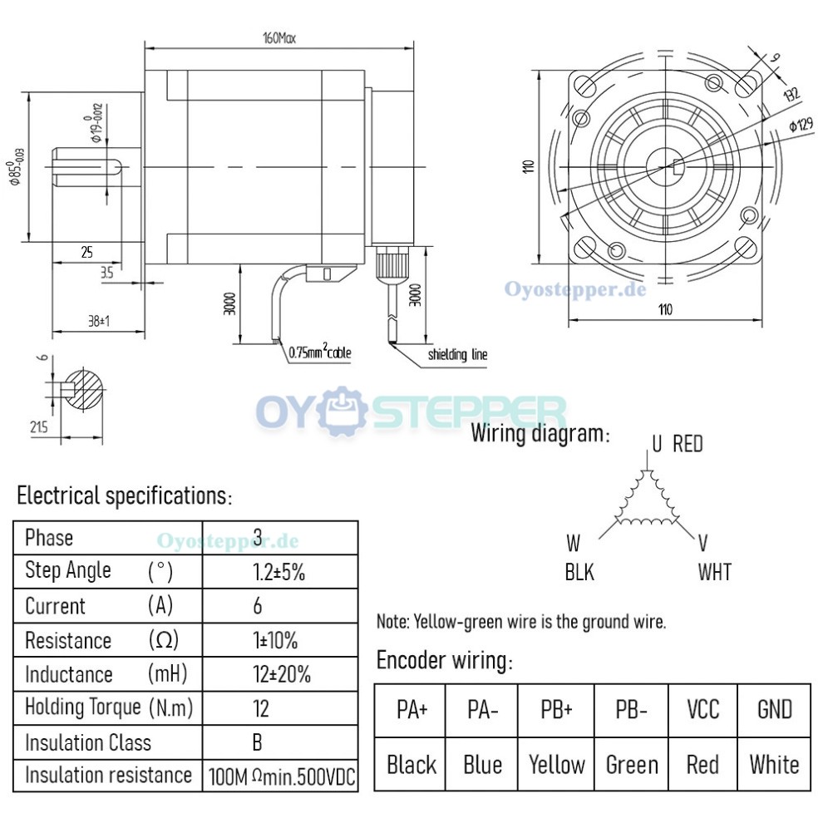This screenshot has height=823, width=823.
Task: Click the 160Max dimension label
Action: (x=279, y=37)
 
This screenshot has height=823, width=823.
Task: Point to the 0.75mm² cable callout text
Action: (x=320, y=352)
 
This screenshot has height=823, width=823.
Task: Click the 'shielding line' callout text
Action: (x=457, y=355)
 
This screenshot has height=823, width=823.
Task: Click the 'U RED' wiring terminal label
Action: (x=677, y=444)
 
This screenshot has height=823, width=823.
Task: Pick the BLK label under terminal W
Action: (x=579, y=572)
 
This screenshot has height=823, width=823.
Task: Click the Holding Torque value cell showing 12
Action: (x=260, y=707)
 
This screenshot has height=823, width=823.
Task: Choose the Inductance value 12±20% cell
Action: (x=281, y=674)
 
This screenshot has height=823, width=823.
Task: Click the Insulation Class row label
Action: (x=88, y=742)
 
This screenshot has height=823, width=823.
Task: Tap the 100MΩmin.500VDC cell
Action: (x=281, y=776)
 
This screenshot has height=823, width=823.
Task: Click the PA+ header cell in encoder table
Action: (x=411, y=710)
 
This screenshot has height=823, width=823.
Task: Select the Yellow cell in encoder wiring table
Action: (x=557, y=764)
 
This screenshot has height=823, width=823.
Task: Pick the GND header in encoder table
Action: (x=774, y=710)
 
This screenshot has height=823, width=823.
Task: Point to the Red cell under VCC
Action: (x=702, y=764)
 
